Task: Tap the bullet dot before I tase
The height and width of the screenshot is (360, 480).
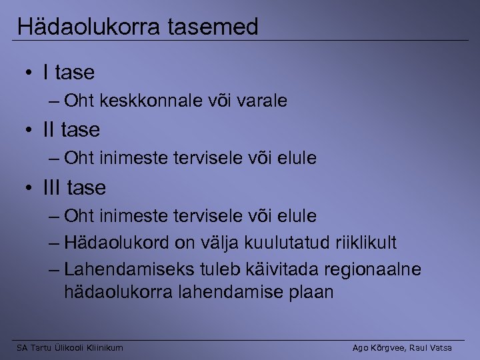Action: coord(31,72)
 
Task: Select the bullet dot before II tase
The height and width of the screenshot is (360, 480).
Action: coord(31,130)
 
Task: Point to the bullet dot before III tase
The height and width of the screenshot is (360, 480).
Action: coord(31,188)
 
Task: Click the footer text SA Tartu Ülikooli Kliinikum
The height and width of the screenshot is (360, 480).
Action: coord(70,347)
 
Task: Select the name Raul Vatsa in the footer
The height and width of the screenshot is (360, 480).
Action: coord(429,347)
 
